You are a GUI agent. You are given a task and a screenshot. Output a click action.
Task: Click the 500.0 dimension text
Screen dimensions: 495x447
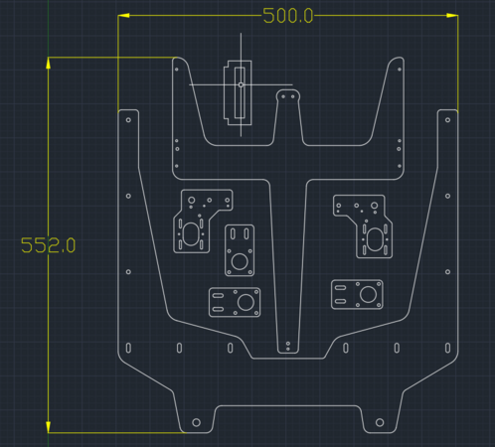(x=287, y=16)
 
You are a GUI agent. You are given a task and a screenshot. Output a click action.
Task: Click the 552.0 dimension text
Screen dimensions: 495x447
(x=48, y=245)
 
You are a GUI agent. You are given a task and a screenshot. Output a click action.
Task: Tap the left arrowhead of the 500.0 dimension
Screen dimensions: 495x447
(x=123, y=15)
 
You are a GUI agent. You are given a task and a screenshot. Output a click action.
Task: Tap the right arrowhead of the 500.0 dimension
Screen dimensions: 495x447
(x=452, y=15)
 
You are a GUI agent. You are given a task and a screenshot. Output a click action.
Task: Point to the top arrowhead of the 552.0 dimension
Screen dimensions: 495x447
(x=49, y=63)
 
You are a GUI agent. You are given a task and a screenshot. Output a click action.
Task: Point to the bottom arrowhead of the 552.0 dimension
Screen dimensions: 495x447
(x=49, y=427)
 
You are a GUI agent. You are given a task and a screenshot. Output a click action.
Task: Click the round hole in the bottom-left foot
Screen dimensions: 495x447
(x=196, y=422)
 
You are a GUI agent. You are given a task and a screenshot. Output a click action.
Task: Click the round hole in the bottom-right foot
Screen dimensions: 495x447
(x=380, y=422)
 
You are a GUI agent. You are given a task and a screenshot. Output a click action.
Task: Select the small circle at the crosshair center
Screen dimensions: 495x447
(x=241, y=85)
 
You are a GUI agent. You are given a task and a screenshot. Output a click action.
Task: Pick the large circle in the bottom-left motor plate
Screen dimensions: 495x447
(x=246, y=302)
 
